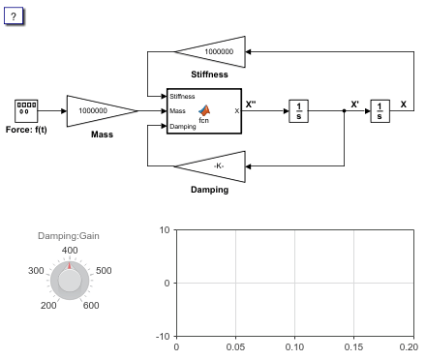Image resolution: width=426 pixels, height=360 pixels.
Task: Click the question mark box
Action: pyautogui.click(x=14, y=15)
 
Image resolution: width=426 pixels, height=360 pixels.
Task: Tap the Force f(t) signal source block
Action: pyautogui.click(x=26, y=111)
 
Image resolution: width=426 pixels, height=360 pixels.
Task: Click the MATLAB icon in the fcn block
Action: pyautogui.click(x=204, y=110)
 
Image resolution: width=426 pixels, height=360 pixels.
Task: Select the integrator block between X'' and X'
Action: pyautogui.click(x=298, y=111)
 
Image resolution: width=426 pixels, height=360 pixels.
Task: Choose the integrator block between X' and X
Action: pyautogui.click(x=380, y=111)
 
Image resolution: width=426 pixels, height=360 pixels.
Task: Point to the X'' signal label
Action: pyautogui.click(x=251, y=105)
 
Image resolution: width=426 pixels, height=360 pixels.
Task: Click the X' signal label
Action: pyautogui.click(x=354, y=105)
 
